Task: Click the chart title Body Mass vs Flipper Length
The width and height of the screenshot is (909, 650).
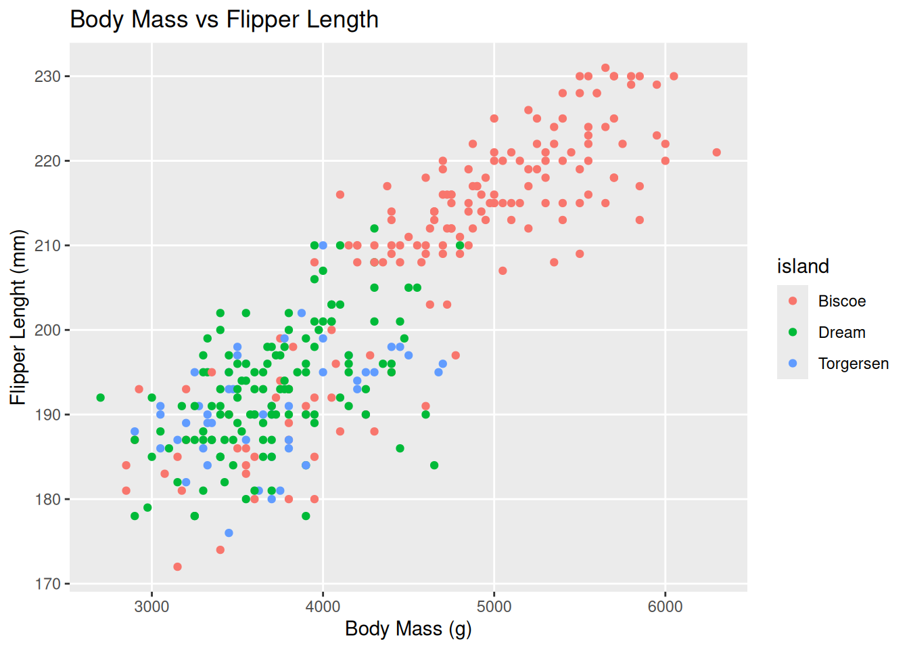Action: click(x=224, y=20)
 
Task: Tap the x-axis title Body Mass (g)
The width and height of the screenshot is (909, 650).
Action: click(x=408, y=629)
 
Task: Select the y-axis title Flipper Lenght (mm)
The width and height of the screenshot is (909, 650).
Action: click(x=18, y=318)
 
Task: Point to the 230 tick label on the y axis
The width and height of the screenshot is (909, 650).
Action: click(x=47, y=77)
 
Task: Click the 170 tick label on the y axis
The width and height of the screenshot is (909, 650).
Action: click(x=47, y=584)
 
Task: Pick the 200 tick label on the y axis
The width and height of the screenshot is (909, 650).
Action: click(x=47, y=330)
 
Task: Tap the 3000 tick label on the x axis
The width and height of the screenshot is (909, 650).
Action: click(x=151, y=607)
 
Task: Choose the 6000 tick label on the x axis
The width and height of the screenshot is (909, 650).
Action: click(x=665, y=607)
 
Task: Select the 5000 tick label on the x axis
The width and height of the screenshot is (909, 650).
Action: click(x=494, y=607)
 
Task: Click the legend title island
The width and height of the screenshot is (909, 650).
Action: click(x=803, y=267)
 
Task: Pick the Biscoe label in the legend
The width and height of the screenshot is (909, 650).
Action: click(x=841, y=301)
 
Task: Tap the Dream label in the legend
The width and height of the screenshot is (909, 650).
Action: click(x=841, y=332)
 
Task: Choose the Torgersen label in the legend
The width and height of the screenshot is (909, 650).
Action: click(x=853, y=364)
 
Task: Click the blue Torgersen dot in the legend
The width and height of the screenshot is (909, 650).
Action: click(x=793, y=364)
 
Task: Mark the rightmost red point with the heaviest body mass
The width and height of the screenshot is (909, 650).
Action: click(x=716, y=152)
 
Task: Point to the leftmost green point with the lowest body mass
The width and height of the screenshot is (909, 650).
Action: click(x=101, y=397)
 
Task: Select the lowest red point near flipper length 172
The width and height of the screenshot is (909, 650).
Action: click(x=177, y=567)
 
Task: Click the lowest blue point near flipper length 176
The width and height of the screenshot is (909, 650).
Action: click(x=229, y=533)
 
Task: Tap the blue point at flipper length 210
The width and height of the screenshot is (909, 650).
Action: click(x=323, y=245)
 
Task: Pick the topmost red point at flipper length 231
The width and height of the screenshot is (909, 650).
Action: click(x=605, y=68)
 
